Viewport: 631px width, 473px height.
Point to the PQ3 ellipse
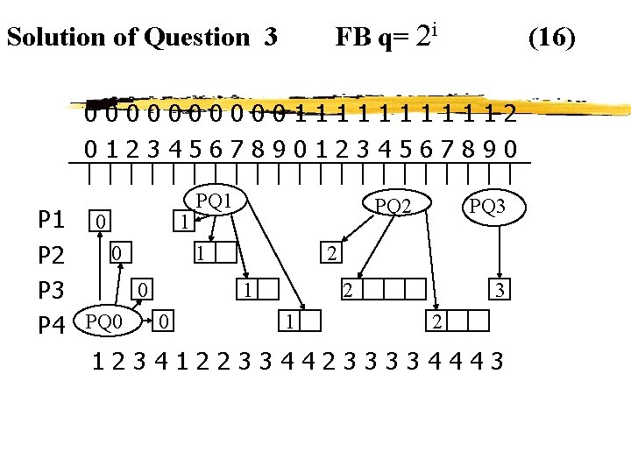[487, 208]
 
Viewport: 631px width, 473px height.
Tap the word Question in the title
[197, 37]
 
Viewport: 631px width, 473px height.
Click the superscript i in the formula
[435, 30]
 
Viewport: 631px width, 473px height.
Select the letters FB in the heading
[351, 37]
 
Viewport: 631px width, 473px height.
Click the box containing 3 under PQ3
[499, 290]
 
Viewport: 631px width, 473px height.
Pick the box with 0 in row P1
[102, 222]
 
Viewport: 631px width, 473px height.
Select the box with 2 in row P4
[436, 321]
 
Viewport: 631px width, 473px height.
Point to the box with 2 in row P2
[330, 254]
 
